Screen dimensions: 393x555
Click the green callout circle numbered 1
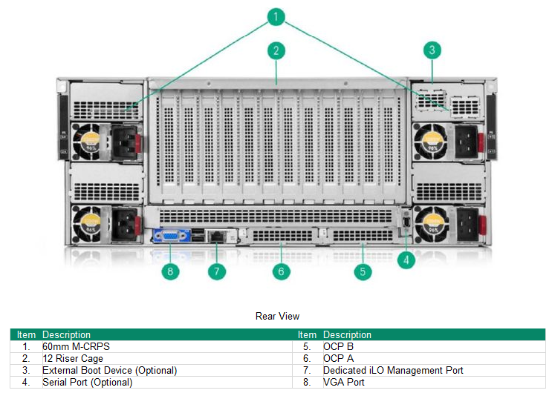click(x=276, y=16)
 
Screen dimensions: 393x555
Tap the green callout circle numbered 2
click(x=276, y=51)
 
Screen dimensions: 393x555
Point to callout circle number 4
click(x=406, y=260)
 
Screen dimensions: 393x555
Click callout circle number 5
click(x=363, y=271)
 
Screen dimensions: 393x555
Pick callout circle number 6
click(x=281, y=271)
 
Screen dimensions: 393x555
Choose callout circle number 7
click(x=216, y=271)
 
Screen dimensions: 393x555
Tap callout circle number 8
click(x=170, y=271)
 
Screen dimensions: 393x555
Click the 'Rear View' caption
click(x=277, y=317)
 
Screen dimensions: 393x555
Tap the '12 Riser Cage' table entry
click(x=73, y=358)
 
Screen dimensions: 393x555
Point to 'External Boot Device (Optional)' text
click(x=109, y=370)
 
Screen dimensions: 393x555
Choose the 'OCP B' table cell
click(x=339, y=346)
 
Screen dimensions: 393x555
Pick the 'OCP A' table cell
click(x=339, y=358)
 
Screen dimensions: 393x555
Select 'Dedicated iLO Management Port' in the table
click(x=393, y=370)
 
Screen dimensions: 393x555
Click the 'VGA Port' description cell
click(x=344, y=382)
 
